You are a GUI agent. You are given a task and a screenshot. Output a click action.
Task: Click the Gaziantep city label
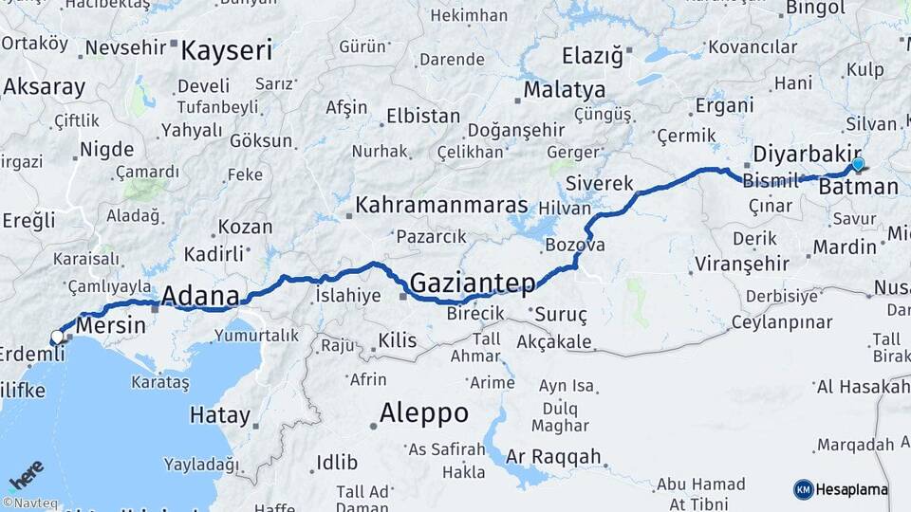click(x=473, y=283)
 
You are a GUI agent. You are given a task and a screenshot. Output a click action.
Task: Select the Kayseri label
click(x=227, y=50)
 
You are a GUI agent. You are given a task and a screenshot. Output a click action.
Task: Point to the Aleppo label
click(x=423, y=413)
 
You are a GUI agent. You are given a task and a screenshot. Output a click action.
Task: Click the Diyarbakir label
click(x=807, y=155)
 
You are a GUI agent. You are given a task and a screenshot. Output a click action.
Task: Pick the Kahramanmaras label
click(x=441, y=205)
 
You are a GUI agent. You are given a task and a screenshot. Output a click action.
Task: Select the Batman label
click(x=858, y=187)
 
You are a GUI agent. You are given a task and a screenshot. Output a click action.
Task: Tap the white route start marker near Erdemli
click(x=58, y=337)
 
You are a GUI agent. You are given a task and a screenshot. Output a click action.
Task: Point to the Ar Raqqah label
click(x=553, y=457)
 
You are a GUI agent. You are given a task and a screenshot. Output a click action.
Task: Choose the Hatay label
click(x=220, y=415)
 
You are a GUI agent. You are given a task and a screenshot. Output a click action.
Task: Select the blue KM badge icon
click(x=804, y=490)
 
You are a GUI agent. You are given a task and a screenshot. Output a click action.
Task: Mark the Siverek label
click(x=598, y=183)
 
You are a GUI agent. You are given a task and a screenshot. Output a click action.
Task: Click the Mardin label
click(x=845, y=247)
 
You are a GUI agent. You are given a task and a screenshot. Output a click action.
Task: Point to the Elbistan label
click(x=422, y=117)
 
